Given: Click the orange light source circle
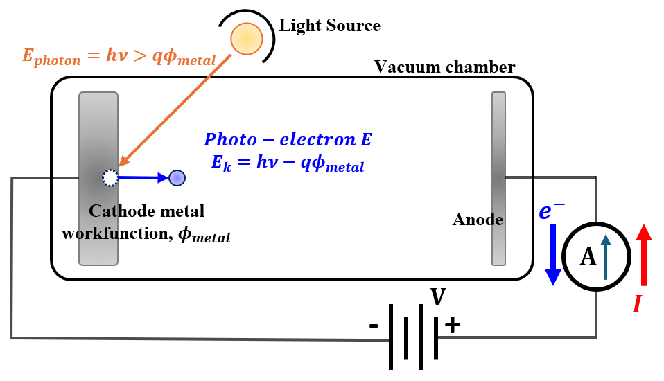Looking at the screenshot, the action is point(247,39).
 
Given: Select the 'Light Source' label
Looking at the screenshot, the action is point(329,26).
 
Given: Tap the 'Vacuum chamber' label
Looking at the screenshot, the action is point(445,67).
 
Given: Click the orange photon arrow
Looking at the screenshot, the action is point(175,110).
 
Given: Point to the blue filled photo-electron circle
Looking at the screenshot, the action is point(177,178).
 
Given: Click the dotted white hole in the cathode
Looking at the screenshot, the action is point(110,178).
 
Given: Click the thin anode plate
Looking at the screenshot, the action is point(498,179).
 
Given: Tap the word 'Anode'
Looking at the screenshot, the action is point(478,220).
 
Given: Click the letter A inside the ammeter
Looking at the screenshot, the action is point(588,256).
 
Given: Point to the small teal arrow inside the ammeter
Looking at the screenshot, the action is point(606,257).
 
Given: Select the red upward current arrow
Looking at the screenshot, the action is point(644,255).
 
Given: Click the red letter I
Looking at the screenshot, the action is point(637,304).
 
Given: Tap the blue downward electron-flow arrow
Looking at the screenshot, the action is point(553,254).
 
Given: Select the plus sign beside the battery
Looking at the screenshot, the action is point(453,325).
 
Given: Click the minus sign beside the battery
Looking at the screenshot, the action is point(374,326).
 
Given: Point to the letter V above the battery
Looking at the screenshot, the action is point(438,296).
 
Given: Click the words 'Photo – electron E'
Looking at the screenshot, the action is point(288,140).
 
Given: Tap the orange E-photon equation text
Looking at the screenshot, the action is point(119,57).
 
